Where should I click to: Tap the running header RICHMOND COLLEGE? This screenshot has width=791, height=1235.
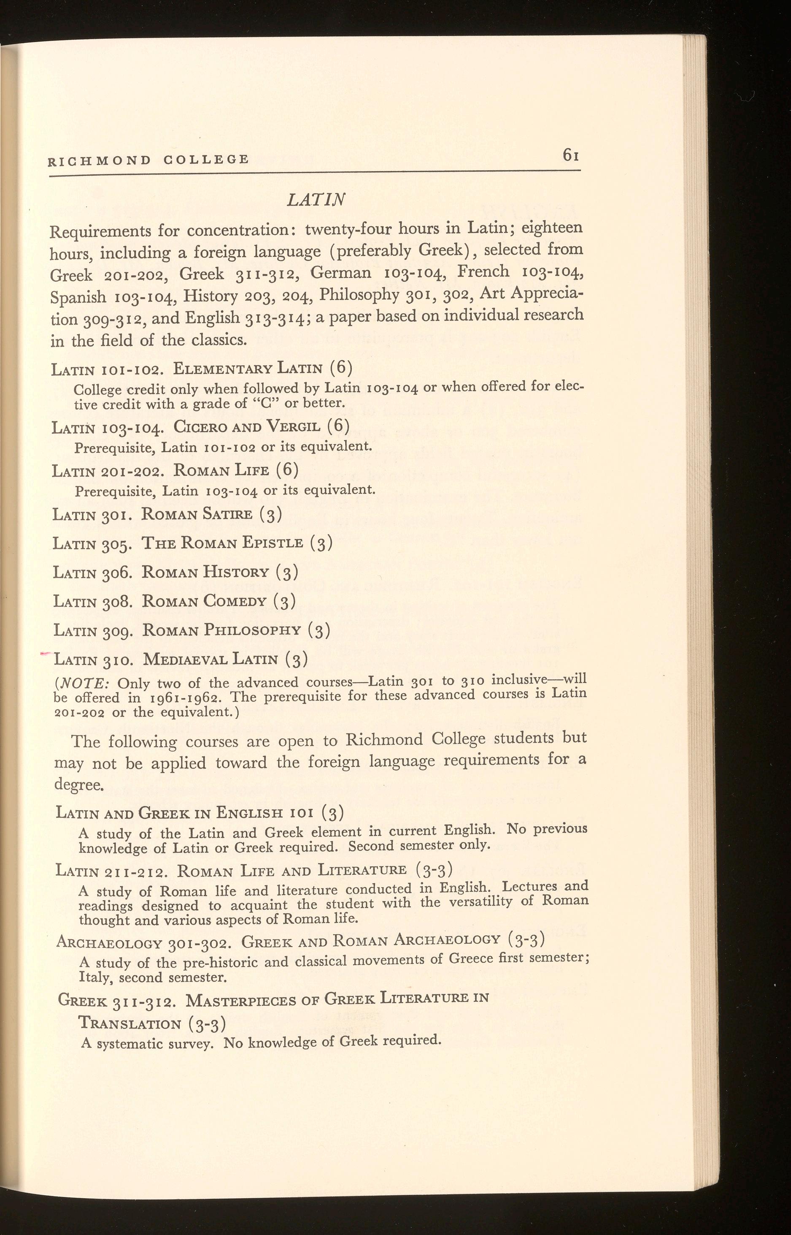pos(148,160)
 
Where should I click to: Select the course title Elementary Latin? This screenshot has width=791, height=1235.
pos(248,369)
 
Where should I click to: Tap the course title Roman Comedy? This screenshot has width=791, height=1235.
pos(204,601)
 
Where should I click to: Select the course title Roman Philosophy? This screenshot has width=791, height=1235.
pos(221,630)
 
